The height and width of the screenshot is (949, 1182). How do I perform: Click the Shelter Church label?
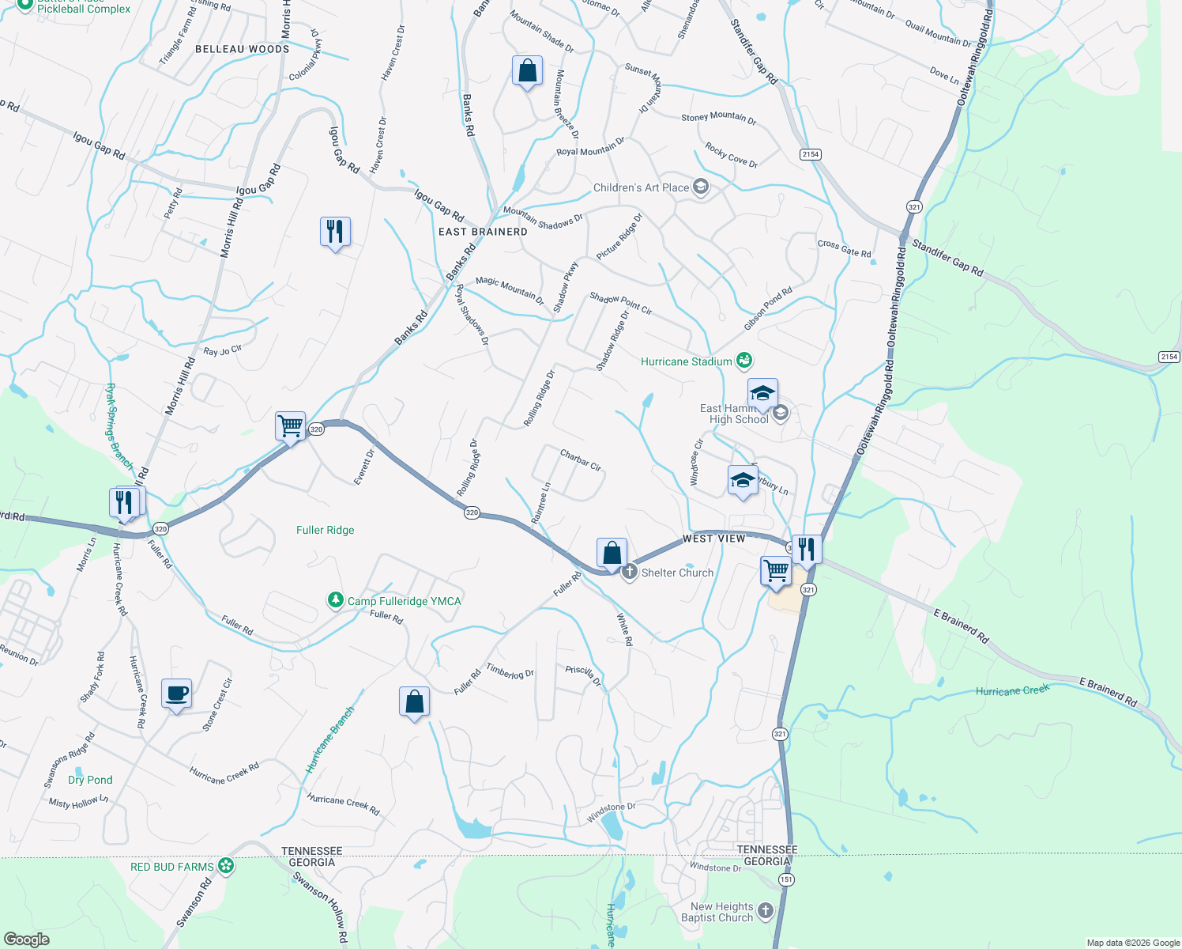tap(677, 573)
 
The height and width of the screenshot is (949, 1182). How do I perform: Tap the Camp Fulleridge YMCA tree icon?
tap(335, 601)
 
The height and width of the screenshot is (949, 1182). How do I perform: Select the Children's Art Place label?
tap(641, 187)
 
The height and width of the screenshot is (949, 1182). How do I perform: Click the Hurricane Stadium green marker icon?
tap(743, 361)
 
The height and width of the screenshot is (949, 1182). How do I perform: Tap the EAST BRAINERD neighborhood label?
tap(483, 232)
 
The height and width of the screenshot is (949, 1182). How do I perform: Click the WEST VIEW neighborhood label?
tap(713, 539)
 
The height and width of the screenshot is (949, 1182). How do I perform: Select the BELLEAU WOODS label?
tap(242, 49)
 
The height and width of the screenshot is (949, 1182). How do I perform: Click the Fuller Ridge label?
tap(325, 530)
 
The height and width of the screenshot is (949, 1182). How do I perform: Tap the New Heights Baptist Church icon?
tap(765, 911)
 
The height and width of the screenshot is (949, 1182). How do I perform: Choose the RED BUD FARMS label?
tap(171, 867)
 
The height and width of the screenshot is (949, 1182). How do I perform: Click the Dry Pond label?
tap(90, 780)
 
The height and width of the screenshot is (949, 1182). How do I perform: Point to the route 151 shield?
tap(786, 879)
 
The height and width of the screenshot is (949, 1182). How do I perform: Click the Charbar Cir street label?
tap(581, 460)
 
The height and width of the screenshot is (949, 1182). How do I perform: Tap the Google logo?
tap(27, 940)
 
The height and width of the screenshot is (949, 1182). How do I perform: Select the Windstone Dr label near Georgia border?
tap(715, 868)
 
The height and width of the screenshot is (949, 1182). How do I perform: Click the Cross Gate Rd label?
tap(844, 248)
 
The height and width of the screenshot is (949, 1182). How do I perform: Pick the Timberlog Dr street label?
tap(510, 671)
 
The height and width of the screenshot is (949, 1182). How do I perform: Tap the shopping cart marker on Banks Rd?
tap(290, 426)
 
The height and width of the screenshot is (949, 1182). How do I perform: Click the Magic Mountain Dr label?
tap(510, 290)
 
